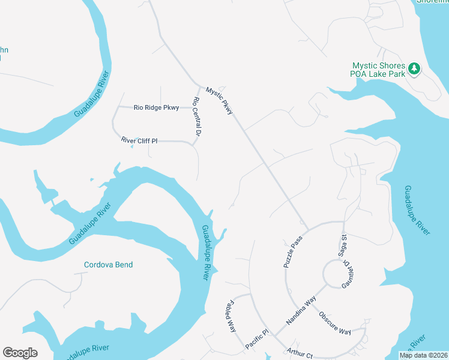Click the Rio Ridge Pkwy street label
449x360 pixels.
[x=156, y=108]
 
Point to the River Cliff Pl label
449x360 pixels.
[x=139, y=141]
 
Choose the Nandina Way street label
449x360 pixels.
[x=301, y=313]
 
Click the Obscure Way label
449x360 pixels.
[x=334, y=323]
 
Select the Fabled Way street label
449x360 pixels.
[x=231, y=316]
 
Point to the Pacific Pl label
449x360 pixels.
[x=258, y=340]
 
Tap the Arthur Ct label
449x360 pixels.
[x=300, y=354]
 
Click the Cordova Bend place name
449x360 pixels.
[x=108, y=265]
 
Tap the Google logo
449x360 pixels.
[x=20, y=353]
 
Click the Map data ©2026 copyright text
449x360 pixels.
[x=423, y=355]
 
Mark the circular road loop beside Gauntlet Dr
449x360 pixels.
[x=334, y=275]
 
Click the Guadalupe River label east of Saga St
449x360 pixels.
[x=417, y=211]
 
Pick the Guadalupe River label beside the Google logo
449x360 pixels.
[x=83, y=350]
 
